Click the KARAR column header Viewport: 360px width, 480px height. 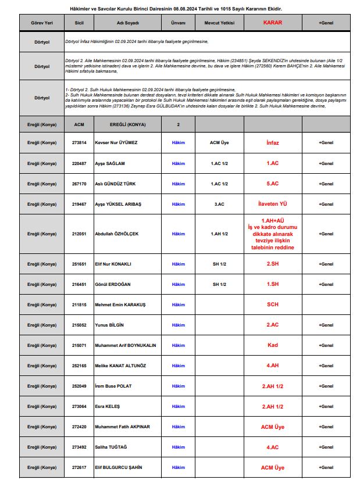tap(272, 23)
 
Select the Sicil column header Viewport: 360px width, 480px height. tap(79, 23)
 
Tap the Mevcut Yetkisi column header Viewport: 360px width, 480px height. tap(219, 23)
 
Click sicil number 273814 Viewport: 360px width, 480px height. tap(79, 142)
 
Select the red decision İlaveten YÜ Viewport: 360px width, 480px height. tap(272, 204)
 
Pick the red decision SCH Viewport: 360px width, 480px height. tap(272, 304)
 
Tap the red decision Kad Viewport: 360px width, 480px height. tap(272, 345)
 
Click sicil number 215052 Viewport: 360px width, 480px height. tap(79, 325)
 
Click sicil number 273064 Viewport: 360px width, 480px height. tap(79, 406)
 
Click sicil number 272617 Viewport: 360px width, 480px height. tap(79, 467)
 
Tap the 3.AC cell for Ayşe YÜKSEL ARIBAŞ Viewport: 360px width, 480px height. tap(219, 204)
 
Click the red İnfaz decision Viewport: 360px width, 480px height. tap(272, 142)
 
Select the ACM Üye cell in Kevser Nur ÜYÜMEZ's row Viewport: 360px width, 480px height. tap(219, 142)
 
